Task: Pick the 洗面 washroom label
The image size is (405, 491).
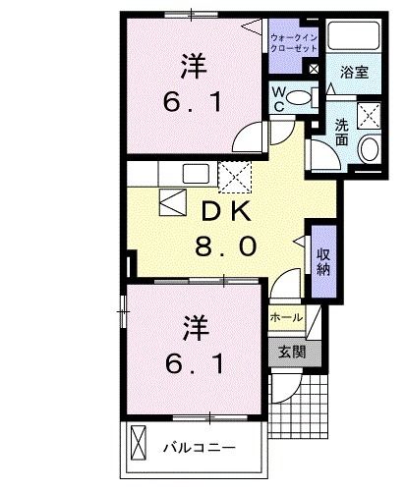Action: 341,132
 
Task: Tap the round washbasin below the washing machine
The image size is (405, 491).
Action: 370,150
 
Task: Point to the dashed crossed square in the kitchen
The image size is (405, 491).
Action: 235,178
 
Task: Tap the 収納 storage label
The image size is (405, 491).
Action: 322,260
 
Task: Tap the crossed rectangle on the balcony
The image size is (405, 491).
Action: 138,447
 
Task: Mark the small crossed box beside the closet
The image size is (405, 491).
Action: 314,71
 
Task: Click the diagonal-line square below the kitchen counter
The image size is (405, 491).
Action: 145,205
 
